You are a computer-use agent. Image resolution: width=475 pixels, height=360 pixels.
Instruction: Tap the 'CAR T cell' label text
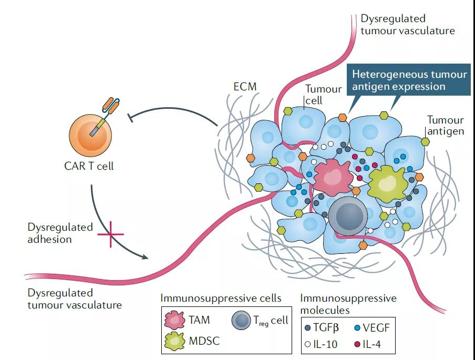tap(90, 167)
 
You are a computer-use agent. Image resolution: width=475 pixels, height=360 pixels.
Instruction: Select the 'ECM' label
tap(245, 86)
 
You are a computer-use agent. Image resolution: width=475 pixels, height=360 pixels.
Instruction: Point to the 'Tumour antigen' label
tap(445, 126)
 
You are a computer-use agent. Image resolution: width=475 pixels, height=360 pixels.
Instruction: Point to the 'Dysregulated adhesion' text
tap(60, 233)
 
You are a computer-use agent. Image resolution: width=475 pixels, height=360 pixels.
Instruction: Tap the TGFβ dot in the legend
tap(307, 328)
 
